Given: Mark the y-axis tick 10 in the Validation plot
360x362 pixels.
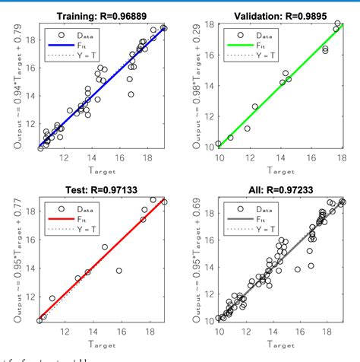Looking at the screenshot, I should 210,143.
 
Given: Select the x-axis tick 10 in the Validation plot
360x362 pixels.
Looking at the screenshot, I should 220,157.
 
